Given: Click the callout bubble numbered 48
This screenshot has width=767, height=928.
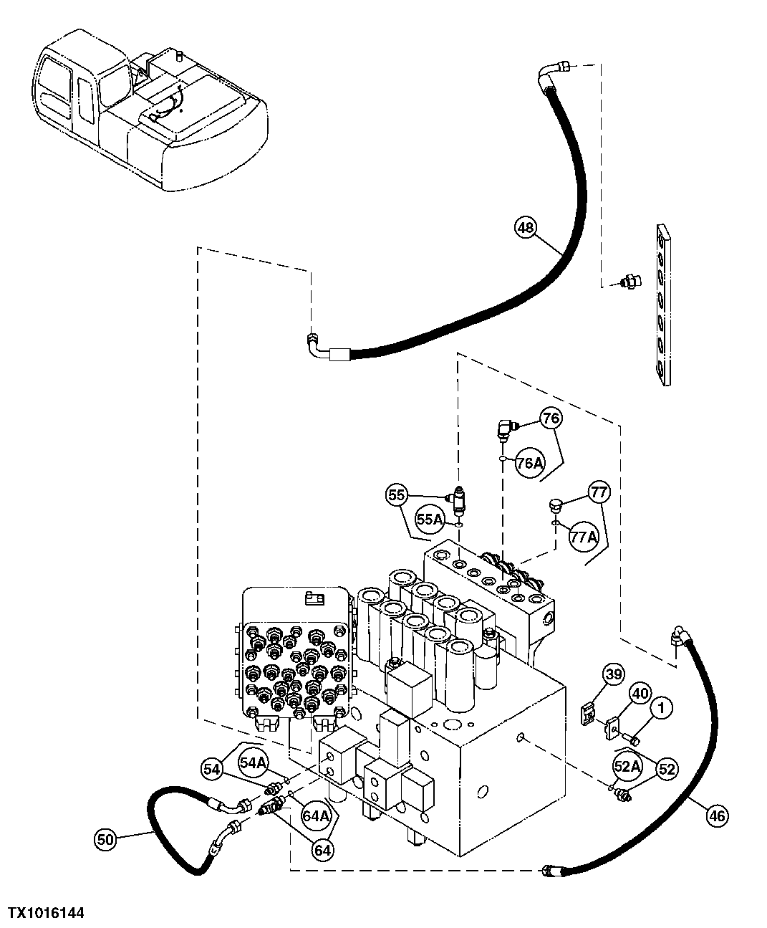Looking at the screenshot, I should [x=525, y=229].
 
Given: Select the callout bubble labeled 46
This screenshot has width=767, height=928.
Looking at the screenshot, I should [x=716, y=815].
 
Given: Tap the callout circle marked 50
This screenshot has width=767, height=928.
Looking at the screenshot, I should [x=105, y=839].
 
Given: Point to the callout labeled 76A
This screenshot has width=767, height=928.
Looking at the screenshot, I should [x=529, y=464].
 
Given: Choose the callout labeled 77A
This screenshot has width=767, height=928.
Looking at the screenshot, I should [x=583, y=535].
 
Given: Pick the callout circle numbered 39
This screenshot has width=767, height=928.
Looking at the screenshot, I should [x=613, y=674].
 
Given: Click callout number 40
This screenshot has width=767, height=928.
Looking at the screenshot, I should [x=640, y=694].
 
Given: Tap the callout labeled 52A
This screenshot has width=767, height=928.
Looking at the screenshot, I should [x=626, y=766].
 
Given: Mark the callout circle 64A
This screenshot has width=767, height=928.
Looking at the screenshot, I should [x=316, y=815].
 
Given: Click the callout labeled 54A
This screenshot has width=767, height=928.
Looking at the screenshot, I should [x=252, y=763].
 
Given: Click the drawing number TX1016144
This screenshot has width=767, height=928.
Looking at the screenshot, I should [x=46, y=913].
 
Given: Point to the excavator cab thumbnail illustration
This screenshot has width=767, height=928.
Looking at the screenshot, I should [x=147, y=111].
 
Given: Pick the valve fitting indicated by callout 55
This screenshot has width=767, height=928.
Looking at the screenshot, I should [x=458, y=495].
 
